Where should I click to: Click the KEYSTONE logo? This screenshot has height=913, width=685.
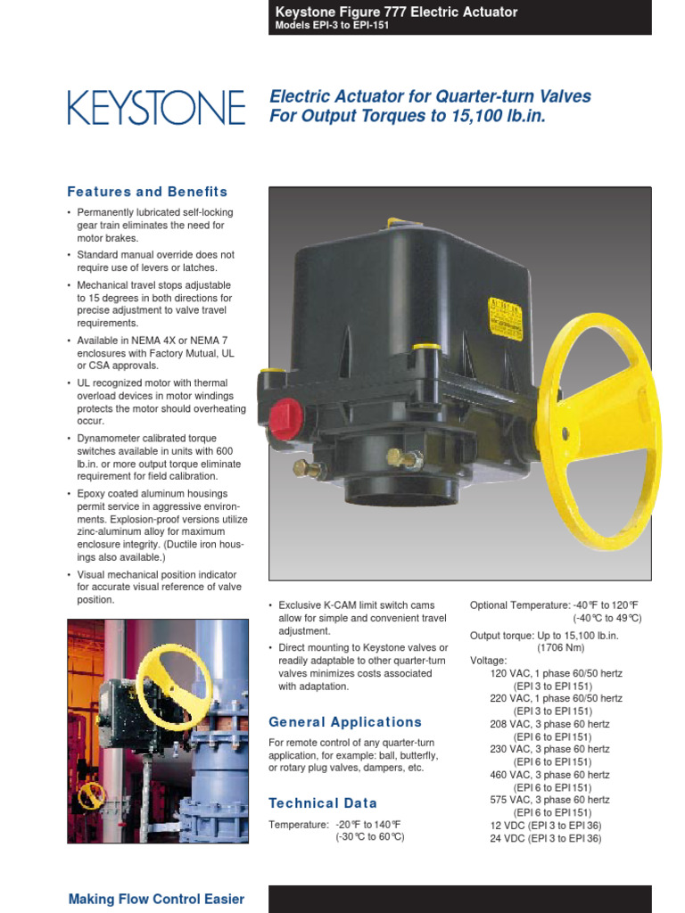[156, 107]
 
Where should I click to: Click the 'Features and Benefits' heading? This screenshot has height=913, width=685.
[147, 192]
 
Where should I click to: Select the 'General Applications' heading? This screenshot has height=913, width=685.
[345, 722]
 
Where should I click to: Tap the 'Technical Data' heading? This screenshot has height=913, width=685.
[323, 803]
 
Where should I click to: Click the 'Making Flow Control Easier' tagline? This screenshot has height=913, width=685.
[156, 899]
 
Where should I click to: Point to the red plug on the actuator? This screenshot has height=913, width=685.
[285, 418]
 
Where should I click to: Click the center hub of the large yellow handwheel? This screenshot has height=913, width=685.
[565, 433]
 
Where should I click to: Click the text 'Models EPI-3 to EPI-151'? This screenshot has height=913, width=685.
[331, 26]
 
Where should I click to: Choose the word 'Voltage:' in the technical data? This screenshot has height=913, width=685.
[488, 661]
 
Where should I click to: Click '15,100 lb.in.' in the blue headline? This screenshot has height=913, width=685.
[494, 117]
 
